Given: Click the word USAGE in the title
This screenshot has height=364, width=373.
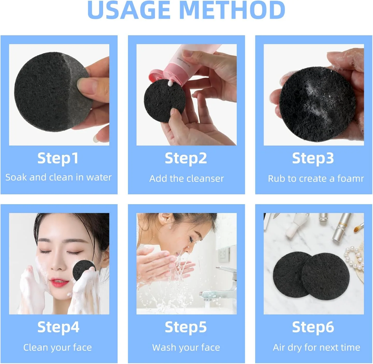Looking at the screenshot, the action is pyautogui.click(x=129, y=10).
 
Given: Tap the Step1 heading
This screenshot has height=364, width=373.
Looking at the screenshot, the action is pyautogui.click(x=58, y=159).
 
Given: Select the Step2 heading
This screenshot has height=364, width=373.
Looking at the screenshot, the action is pyautogui.click(x=186, y=159).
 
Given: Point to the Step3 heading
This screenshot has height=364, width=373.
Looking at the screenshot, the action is pyautogui.click(x=313, y=159).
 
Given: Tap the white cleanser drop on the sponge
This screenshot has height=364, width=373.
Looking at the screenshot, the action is pyautogui.click(x=170, y=83).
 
